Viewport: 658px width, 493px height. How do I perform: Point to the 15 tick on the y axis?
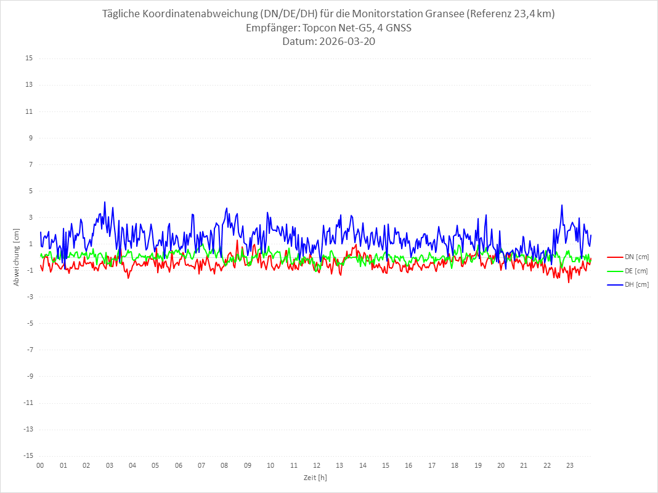(28, 58)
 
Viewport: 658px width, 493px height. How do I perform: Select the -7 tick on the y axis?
(28, 350)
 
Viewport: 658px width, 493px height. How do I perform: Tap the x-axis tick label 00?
(40, 465)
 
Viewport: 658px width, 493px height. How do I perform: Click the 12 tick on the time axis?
(317, 465)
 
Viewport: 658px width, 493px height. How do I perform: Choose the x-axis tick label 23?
(570, 465)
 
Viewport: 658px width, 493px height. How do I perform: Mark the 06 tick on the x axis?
(178, 465)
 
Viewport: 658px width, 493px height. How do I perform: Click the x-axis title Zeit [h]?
(315, 477)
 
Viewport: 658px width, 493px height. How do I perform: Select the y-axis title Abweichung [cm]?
(17, 257)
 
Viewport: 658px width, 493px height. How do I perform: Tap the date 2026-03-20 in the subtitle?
(346, 42)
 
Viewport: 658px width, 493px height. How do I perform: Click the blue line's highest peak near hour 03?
(105, 202)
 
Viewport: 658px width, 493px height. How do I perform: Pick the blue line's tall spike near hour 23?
(562, 205)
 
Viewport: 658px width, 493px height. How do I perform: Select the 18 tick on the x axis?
(455, 465)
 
